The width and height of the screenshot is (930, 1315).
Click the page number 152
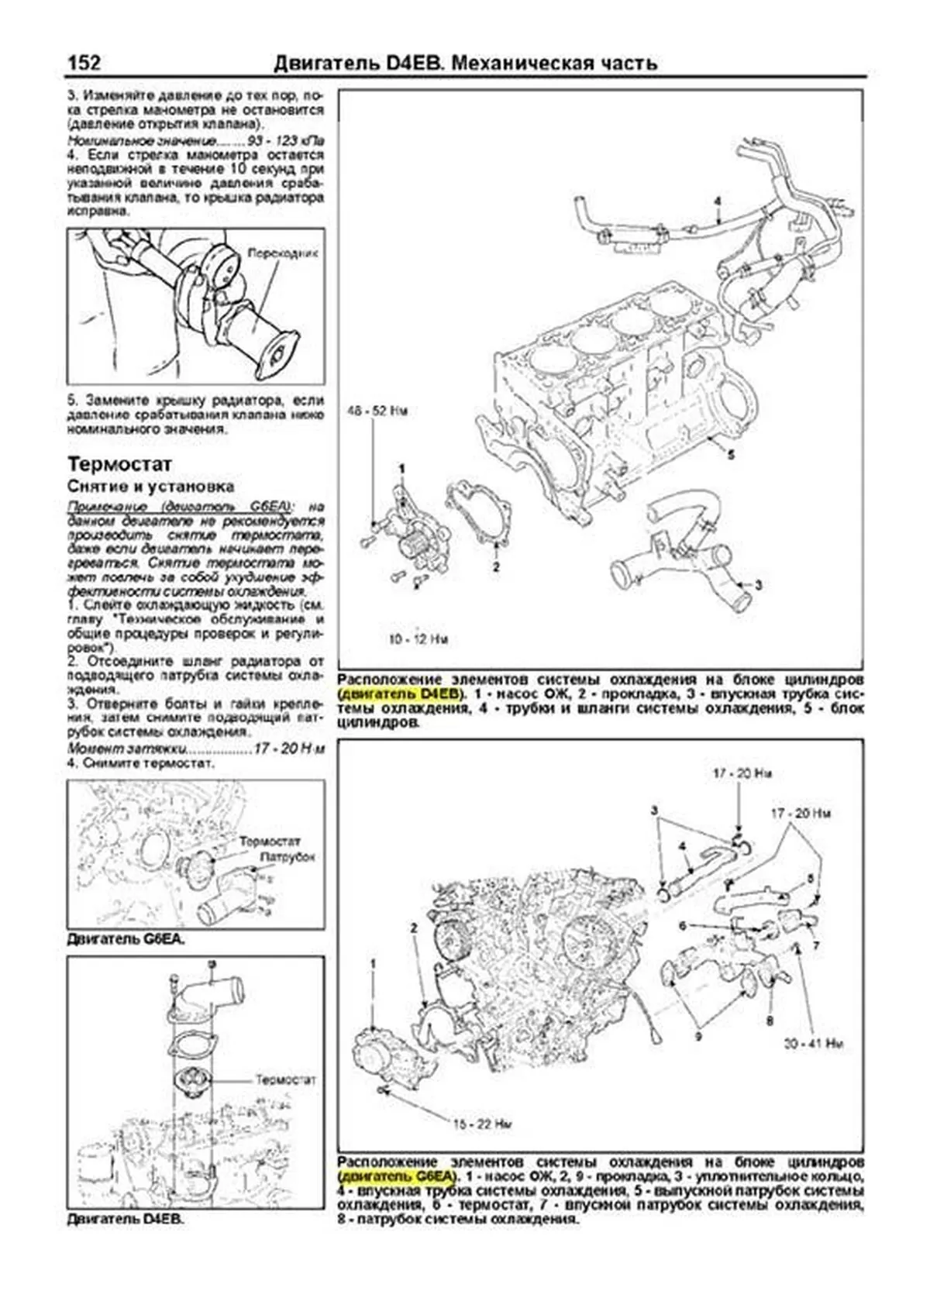click(84, 62)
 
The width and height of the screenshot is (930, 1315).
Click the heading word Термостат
click(119, 464)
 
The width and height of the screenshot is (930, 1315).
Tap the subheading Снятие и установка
click(150, 487)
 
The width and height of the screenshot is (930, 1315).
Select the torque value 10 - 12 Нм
click(418, 640)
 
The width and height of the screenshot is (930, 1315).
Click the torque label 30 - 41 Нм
click(812, 1043)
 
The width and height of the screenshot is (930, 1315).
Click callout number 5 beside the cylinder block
click(730, 456)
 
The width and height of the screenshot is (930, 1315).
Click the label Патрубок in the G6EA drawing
click(288, 857)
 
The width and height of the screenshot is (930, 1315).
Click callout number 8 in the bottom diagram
click(769, 1021)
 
